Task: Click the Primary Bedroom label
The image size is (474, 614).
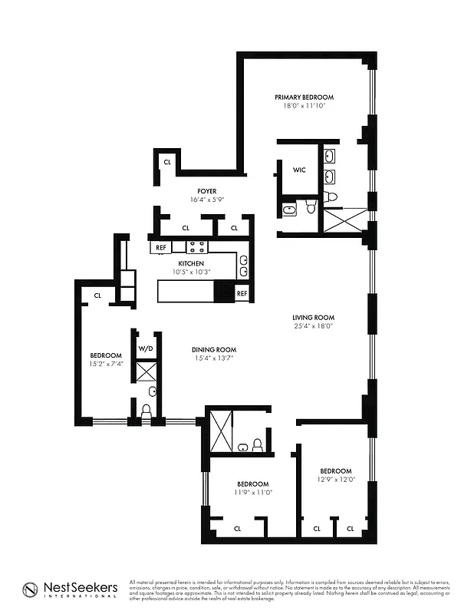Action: point(304,97)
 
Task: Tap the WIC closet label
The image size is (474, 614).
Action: point(299,170)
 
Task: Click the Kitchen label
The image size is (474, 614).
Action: point(191,263)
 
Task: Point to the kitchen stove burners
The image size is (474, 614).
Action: point(196,246)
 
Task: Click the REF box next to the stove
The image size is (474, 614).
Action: point(161,247)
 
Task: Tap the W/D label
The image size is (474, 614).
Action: point(146,348)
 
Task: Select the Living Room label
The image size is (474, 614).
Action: point(313,317)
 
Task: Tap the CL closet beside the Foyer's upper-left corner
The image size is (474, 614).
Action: point(166,162)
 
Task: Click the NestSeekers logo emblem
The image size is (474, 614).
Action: point(31,589)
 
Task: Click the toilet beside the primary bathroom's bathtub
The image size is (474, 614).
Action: point(311,206)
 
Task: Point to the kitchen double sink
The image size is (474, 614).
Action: point(242,266)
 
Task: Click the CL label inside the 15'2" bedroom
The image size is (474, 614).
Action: point(97,295)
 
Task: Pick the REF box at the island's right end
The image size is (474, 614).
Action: point(242,293)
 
